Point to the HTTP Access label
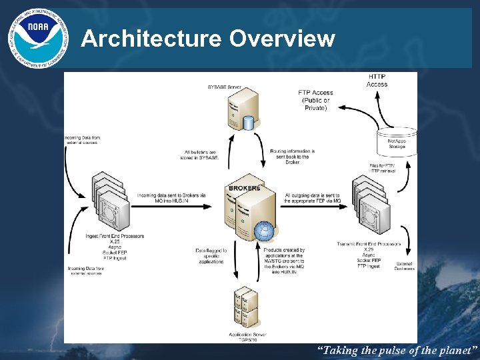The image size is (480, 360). coord(377,80)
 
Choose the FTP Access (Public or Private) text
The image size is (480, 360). coord(315,100)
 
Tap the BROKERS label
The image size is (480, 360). coord(244,188)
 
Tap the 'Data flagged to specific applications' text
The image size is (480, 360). coord(211,256)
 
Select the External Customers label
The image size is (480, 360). coord(403,266)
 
